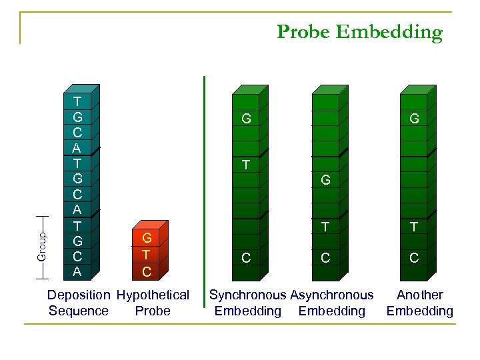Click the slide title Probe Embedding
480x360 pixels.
(359, 32)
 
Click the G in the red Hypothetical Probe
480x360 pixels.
(147, 238)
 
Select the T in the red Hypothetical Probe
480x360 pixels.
(147, 255)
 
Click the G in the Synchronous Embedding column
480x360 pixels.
(246, 119)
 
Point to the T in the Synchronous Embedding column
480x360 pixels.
(246, 164)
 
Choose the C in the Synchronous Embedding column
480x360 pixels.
(246, 258)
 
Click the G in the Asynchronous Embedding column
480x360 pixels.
(325, 180)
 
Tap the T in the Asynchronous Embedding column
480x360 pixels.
(325, 227)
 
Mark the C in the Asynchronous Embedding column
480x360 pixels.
(325, 258)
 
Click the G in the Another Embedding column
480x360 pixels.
(414, 119)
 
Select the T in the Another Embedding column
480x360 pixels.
(414, 227)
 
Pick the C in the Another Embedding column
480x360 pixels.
(414, 258)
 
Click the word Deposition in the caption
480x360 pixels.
(79, 295)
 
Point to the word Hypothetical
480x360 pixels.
(153, 295)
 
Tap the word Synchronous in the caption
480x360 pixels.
(248, 295)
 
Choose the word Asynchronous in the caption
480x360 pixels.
(332, 295)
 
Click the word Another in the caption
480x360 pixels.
(419, 295)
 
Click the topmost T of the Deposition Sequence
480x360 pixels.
(77, 102)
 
